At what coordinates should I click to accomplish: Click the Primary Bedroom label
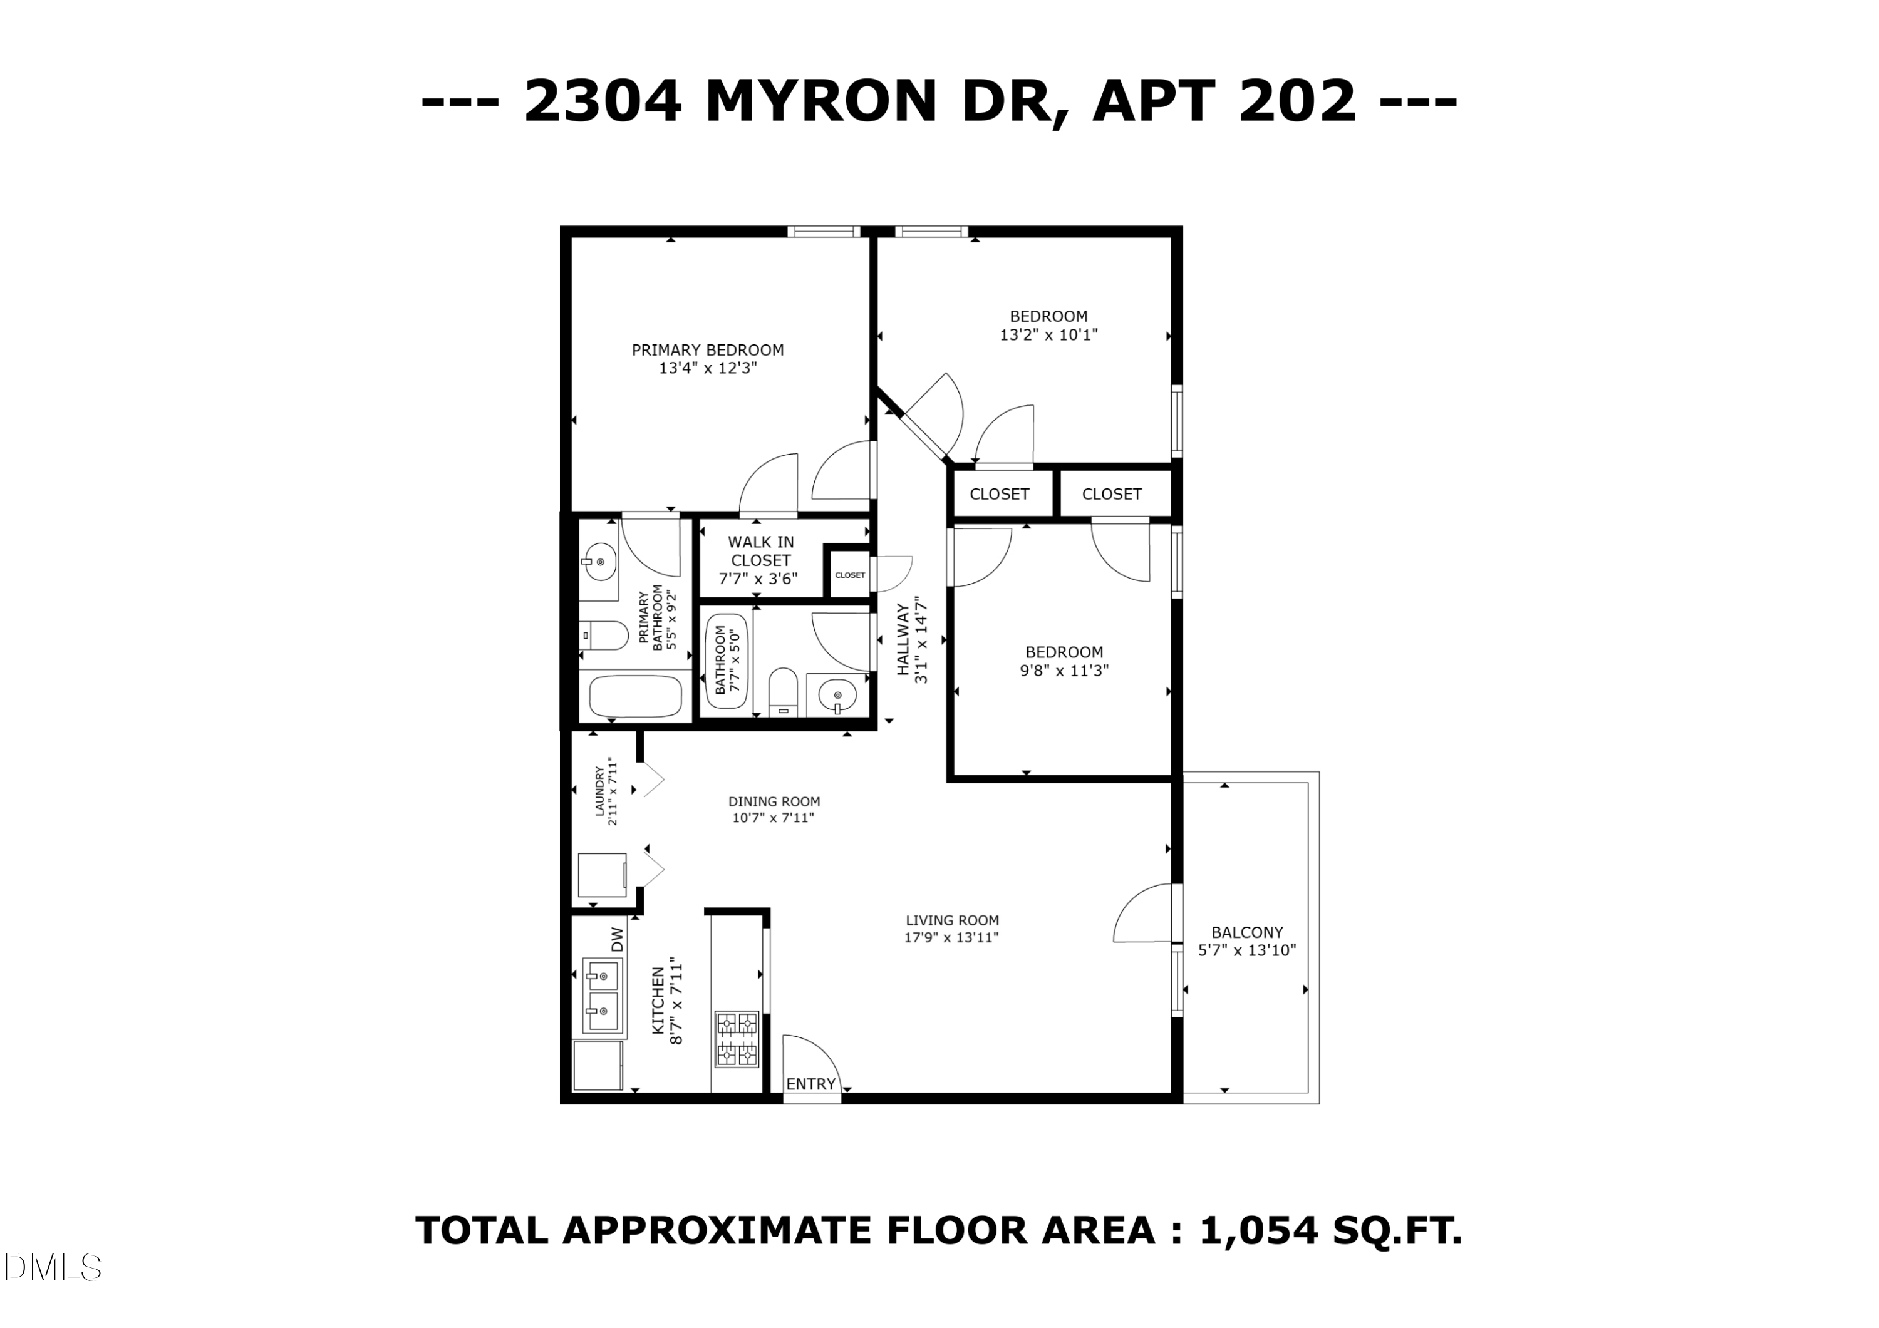point(707,350)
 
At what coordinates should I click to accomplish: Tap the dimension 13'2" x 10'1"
point(1048,334)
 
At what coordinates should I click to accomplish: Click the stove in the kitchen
point(737,1039)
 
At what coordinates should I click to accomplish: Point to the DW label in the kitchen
point(618,939)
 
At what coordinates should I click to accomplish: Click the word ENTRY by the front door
point(810,1084)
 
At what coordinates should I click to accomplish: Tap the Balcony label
point(1246,932)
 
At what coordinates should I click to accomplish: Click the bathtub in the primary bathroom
point(636,697)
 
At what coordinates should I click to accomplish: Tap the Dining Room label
point(774,802)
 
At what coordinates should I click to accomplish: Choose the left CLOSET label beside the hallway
point(998,494)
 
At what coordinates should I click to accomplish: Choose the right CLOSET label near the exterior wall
point(1110,494)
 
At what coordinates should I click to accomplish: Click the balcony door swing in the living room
point(1144,914)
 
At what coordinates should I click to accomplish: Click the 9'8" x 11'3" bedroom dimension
point(1064,671)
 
